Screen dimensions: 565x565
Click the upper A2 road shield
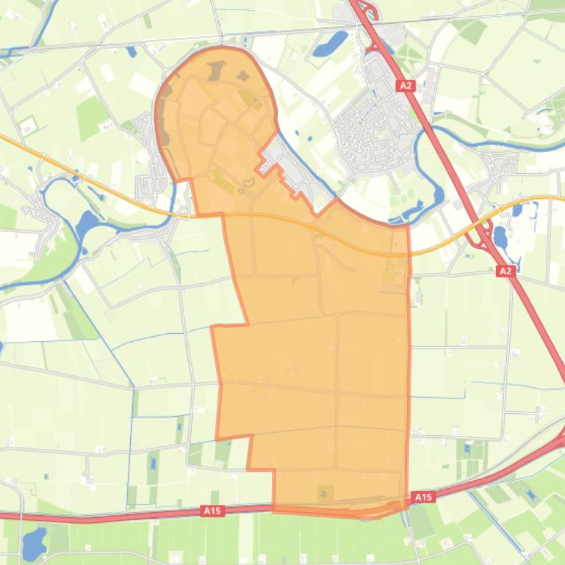[406, 86]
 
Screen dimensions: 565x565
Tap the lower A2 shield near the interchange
[505, 271]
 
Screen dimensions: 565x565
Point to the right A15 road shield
[423, 497]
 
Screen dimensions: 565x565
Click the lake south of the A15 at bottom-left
[32, 544]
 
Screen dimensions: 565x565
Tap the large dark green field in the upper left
[91, 117]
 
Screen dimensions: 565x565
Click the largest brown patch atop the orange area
[216, 71]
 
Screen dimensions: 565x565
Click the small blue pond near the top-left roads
[132, 52]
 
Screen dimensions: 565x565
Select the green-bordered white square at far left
[27, 125]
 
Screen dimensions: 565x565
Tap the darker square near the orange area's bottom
[324, 493]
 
